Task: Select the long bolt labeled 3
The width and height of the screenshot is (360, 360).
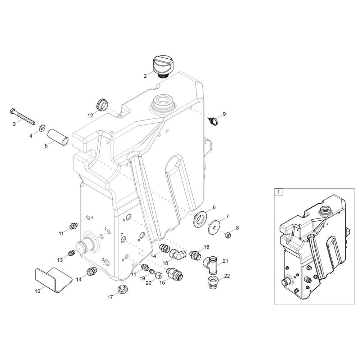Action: click(22, 116)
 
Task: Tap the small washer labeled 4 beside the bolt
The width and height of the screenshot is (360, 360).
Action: click(42, 127)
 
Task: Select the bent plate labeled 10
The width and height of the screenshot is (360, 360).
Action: click(54, 280)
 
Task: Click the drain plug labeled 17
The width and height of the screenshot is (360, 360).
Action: click(123, 289)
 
